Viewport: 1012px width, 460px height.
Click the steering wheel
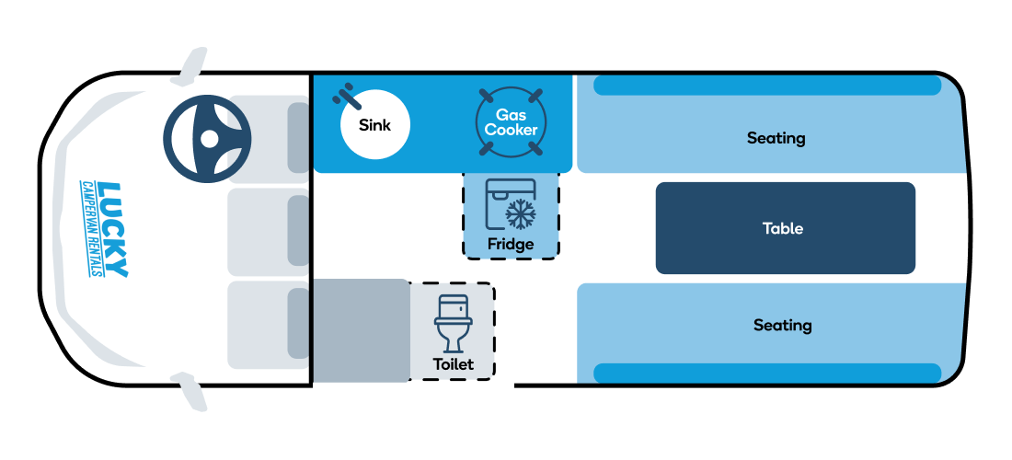207,139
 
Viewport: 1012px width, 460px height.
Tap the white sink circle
375,124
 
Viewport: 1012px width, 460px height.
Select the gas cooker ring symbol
511,122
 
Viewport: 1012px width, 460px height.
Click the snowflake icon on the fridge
520,214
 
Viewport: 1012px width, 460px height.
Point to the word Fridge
511,245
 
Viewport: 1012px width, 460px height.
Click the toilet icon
454,323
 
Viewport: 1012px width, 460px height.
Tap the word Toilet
453,364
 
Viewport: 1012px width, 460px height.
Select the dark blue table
786,228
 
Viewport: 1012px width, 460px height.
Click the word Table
783,228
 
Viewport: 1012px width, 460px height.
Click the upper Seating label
776,138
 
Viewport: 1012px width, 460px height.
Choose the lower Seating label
782,325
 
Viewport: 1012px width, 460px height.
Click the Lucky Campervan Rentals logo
104,230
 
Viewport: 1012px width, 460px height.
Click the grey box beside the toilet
360,330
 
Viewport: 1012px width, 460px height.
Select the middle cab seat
269,232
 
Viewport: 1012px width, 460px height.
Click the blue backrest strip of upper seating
766,86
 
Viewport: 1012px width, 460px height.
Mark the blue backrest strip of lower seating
766,373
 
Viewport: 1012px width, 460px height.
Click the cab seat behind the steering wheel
269,139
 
